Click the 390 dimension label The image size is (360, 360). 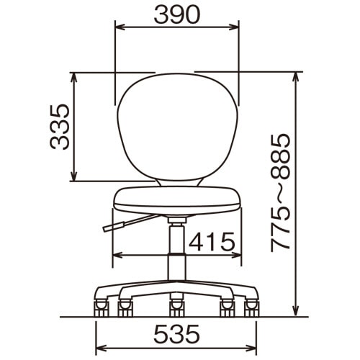click(177, 14)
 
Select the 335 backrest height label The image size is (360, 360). click(60, 127)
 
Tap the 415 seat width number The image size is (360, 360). click(212, 241)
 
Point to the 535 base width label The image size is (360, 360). click(176, 333)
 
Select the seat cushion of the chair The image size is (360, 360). click(177, 201)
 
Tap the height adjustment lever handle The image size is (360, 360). click(114, 227)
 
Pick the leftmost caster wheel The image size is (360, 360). click(101, 308)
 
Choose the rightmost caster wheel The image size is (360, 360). click(252, 308)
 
